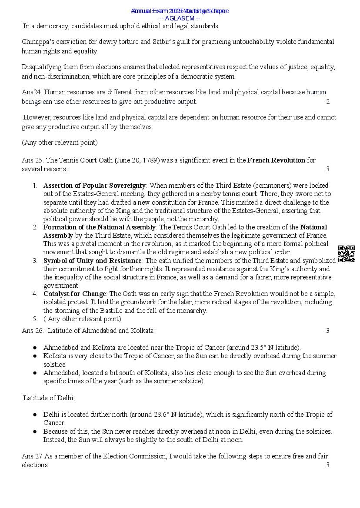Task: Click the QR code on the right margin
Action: [346, 254]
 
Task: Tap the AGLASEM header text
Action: [180, 18]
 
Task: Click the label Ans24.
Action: [32, 92]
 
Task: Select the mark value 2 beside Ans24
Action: [328, 102]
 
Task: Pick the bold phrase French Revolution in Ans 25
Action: [276, 160]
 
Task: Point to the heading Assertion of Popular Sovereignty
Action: [94, 186]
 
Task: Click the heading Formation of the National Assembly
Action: [99, 227]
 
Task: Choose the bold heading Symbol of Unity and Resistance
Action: [92, 261]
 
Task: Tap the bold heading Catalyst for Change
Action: [74, 294]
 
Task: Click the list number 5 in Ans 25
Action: [34, 319]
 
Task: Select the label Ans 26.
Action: [33, 331]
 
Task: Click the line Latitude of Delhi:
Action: [49, 398]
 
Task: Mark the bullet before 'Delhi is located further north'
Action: [35, 415]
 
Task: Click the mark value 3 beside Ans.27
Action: [328, 465]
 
